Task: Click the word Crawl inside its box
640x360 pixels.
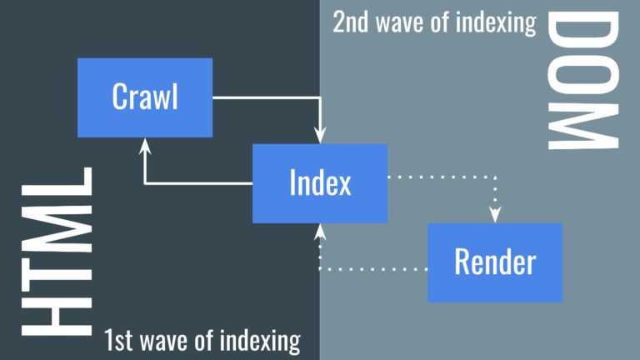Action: click(x=145, y=97)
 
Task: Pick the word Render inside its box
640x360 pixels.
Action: click(x=495, y=262)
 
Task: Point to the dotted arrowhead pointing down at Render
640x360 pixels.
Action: click(x=496, y=215)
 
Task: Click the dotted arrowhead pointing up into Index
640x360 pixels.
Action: click(x=320, y=230)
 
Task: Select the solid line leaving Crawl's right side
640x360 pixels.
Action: click(x=267, y=97)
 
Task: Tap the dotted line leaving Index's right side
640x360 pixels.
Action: click(x=442, y=176)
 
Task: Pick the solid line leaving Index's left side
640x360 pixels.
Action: click(x=200, y=182)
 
